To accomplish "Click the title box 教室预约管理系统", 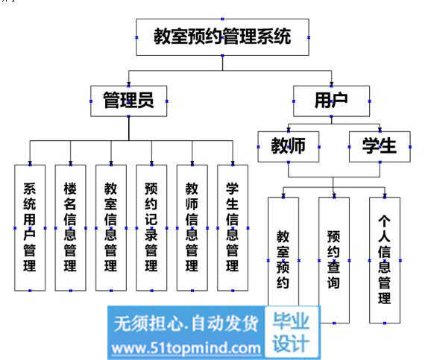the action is (x=222, y=37).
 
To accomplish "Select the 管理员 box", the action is (x=128, y=101).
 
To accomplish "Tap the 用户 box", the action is (x=331, y=101).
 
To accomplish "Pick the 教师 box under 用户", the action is (x=289, y=147).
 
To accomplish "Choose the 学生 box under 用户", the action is (x=380, y=147).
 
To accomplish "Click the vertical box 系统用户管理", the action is (x=30, y=227).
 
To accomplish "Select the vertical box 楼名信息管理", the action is (x=70, y=227).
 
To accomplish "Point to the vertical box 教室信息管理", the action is (x=111, y=227).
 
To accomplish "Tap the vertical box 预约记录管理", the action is (x=151, y=227).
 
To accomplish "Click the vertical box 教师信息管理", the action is (x=192, y=227).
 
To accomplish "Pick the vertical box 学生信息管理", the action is (x=233, y=227).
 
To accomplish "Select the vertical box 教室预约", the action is (x=283, y=251).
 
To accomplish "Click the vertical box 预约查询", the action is (x=334, y=260).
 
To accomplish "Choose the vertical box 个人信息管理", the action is (x=385, y=260).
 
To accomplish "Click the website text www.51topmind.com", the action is (x=186, y=348).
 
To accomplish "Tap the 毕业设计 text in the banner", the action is (x=291, y=332).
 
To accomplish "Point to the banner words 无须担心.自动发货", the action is (x=186, y=323).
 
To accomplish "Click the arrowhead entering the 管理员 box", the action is (x=128, y=83).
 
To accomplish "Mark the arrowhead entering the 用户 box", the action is (x=331, y=83).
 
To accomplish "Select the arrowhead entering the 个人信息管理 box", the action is (x=385, y=195).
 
